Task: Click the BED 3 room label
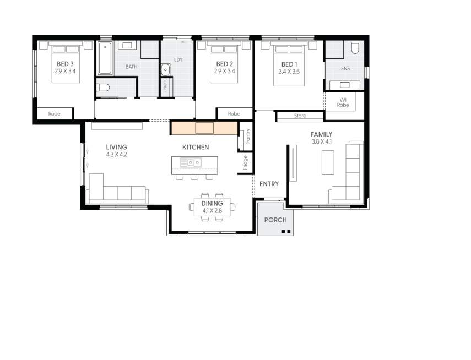click(x=66, y=64)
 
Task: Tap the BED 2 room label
click(x=225, y=64)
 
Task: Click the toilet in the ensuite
click(x=355, y=48)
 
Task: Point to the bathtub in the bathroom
click(x=105, y=58)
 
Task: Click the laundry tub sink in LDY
click(x=165, y=69)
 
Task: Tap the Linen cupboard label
click(x=165, y=87)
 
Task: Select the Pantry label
click(x=247, y=137)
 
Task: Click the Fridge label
click(x=245, y=162)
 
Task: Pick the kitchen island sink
click(x=193, y=162)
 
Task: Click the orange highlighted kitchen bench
click(x=203, y=128)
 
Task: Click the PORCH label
click(x=275, y=220)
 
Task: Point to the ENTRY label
click(x=269, y=184)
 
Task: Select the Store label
click(x=300, y=116)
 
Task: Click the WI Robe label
click(x=343, y=102)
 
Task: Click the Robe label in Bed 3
click(x=54, y=114)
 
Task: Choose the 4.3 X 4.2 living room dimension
click(x=116, y=155)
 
